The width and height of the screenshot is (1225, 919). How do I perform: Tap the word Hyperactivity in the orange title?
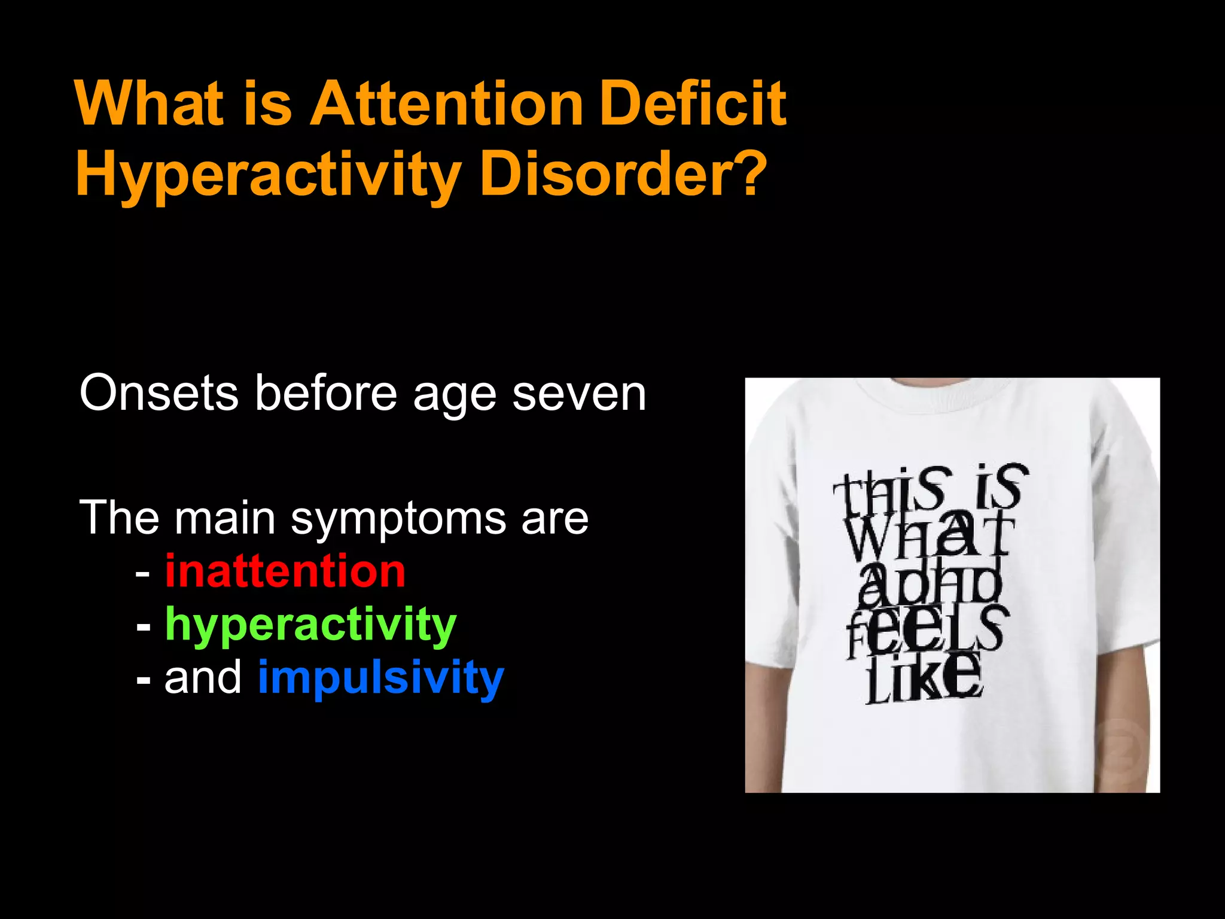point(268,175)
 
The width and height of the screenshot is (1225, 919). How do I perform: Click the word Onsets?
point(159,394)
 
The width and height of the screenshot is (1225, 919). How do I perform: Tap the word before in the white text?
point(326,394)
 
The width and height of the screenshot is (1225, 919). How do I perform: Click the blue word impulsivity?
point(381,678)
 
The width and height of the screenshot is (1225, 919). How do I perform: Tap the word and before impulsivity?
point(203,678)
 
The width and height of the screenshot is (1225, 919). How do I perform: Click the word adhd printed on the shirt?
point(930,583)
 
